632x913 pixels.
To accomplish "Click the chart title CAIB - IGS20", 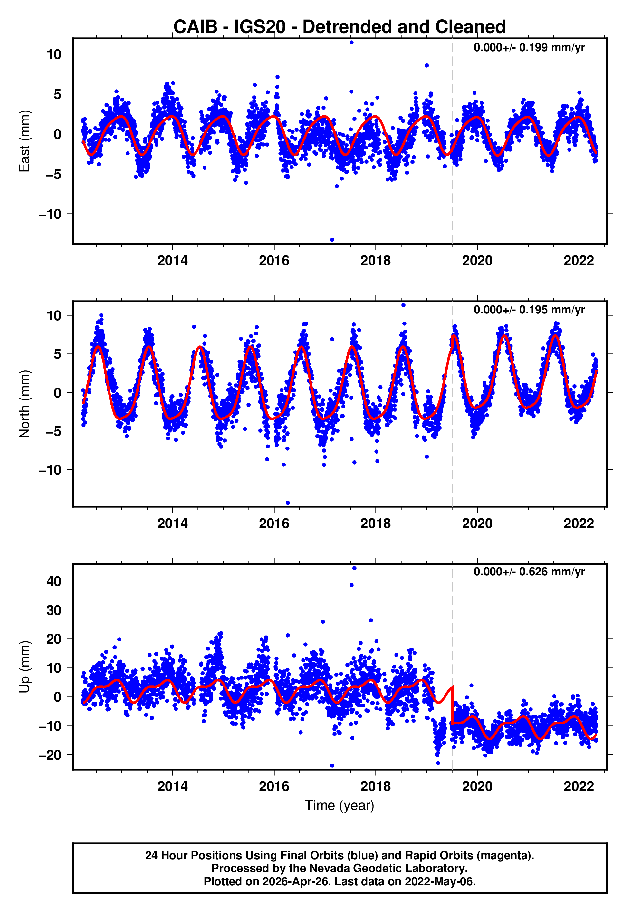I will (340, 27).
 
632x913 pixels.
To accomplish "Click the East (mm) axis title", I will (24, 141).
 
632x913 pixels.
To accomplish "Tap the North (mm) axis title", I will (24, 404).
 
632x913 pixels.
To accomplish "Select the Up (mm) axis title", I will (24, 667).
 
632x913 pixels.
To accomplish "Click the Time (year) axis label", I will (340, 805).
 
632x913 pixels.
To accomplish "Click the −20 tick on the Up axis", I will (50, 755).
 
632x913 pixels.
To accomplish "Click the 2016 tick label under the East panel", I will (274, 261).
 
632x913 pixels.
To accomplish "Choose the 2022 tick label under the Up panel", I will (579, 786).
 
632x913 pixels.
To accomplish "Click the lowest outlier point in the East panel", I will (332, 240).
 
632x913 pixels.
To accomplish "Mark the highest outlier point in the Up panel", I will (354, 568).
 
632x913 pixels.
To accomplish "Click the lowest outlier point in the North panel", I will (288, 503).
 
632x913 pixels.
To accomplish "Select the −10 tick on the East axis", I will (50, 214).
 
